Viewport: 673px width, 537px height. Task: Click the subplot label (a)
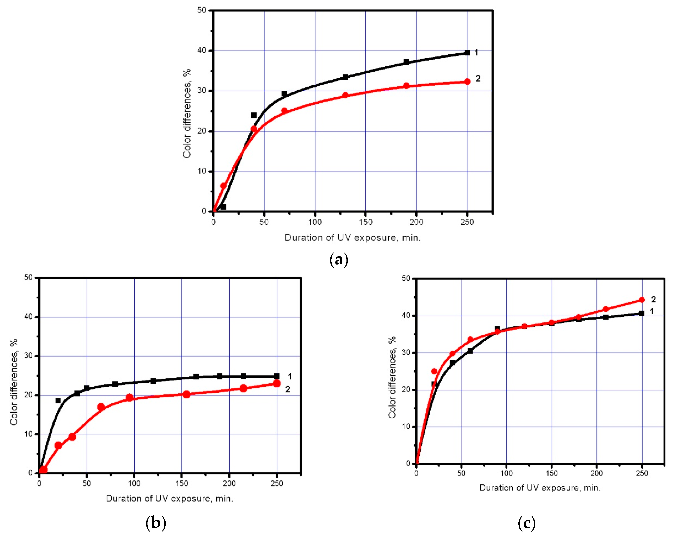(x=339, y=260)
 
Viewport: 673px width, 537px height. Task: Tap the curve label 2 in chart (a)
(x=478, y=78)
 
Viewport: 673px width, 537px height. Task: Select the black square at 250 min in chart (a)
(x=467, y=53)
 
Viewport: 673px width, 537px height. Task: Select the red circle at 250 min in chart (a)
(x=467, y=82)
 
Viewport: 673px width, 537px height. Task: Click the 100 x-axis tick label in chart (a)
(x=315, y=222)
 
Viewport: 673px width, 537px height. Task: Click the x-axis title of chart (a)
(x=353, y=238)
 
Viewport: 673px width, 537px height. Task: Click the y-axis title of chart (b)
(x=14, y=382)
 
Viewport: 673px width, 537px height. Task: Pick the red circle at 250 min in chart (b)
(x=277, y=383)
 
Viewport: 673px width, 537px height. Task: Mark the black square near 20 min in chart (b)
(x=58, y=400)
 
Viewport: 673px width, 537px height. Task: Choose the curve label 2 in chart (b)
(x=287, y=389)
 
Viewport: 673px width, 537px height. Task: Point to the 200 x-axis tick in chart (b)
(x=229, y=483)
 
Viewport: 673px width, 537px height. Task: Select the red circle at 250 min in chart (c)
(x=642, y=300)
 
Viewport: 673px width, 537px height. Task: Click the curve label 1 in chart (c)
(x=652, y=311)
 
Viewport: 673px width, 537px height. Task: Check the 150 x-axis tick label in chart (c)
(x=552, y=473)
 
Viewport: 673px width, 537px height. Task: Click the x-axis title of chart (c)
(x=540, y=488)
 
